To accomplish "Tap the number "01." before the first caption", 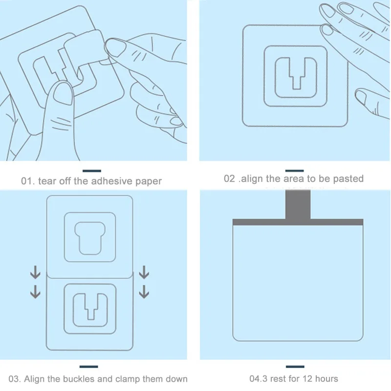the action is click(27, 181).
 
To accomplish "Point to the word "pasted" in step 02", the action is click(348, 178).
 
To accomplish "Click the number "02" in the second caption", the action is click(230, 178).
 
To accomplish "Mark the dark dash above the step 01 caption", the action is click(92, 171).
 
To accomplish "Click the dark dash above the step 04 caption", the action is click(295, 366).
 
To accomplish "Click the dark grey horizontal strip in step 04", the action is click(298, 222).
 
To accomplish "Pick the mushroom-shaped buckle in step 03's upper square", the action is click(89, 237).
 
